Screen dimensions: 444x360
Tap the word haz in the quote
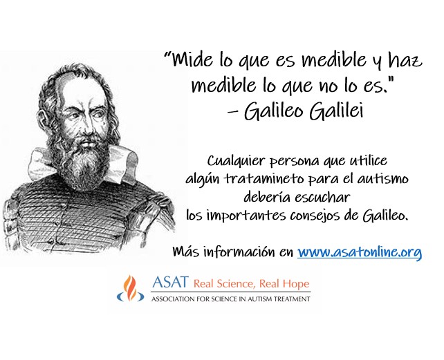coord(405,60)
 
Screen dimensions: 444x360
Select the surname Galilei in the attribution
coord(336,111)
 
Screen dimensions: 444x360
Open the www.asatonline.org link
coord(360,252)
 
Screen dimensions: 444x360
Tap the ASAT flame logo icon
coord(130,288)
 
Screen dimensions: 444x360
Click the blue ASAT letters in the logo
coord(170,282)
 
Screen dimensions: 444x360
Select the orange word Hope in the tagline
coord(296,283)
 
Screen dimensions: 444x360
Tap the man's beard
coord(83,164)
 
